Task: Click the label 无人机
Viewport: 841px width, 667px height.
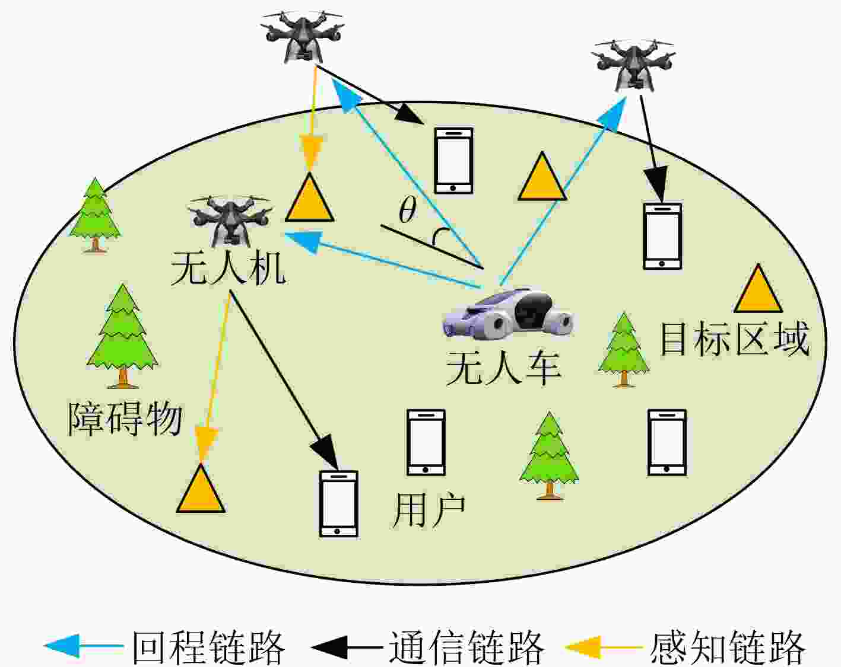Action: coord(229,269)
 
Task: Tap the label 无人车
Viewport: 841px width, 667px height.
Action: coord(504,368)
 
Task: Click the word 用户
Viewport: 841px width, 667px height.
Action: coord(429,510)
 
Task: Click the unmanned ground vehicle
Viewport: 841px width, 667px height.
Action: coord(508,312)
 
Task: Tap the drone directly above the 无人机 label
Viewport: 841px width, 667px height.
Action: coord(230,221)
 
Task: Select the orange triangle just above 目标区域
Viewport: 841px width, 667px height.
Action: coord(758,290)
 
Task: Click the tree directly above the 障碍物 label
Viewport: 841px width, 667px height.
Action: coord(123,336)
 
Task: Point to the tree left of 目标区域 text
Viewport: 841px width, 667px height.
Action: coord(624,350)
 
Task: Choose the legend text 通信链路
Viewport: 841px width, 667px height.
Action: coord(466,647)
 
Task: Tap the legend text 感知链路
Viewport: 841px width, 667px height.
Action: coord(728,647)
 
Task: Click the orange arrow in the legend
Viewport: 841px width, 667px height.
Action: coord(604,646)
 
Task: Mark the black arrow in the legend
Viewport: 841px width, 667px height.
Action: coord(347,646)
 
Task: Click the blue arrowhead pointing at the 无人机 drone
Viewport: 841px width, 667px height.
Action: coord(303,242)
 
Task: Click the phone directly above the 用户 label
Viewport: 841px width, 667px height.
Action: coord(426,442)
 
